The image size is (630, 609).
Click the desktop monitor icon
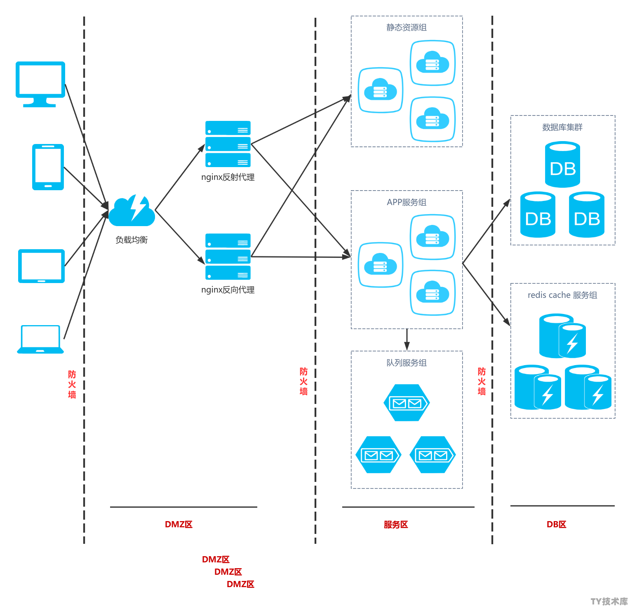[x=40, y=84]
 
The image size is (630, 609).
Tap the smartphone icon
[x=48, y=167]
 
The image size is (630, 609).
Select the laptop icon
[x=40, y=339]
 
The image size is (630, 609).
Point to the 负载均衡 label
[x=132, y=240]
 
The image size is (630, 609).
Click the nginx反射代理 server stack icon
[x=228, y=144]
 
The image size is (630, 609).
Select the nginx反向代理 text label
[x=228, y=290]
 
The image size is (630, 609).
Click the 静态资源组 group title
[x=407, y=27]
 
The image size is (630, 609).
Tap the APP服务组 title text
[x=407, y=202]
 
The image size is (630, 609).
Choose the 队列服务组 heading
[x=407, y=363]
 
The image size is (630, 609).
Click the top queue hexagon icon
[x=407, y=403]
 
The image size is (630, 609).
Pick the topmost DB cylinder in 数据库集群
[x=563, y=165]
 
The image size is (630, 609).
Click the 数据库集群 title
[x=562, y=127]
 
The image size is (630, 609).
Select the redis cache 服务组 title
[x=562, y=295]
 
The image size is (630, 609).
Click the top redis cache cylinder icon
[x=563, y=336]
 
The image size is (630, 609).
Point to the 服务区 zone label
[x=396, y=524]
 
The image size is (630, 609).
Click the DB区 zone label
[x=556, y=524]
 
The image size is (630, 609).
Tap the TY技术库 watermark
[x=609, y=601]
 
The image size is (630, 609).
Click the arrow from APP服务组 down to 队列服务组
[x=407, y=340]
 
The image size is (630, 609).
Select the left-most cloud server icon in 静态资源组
[x=381, y=90]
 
